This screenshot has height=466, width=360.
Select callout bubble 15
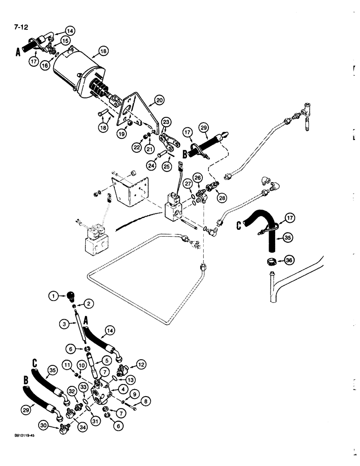[66, 41]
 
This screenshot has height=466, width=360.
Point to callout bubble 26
[199, 177]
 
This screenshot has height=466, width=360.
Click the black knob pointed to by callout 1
[70, 296]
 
